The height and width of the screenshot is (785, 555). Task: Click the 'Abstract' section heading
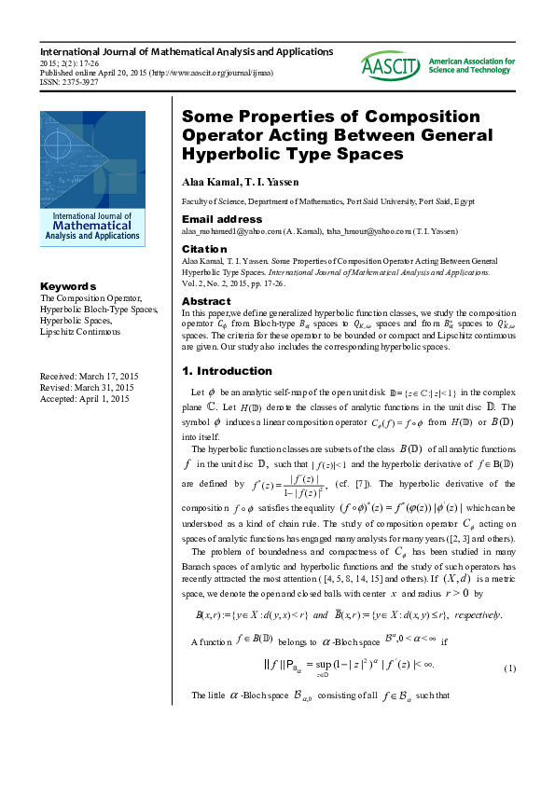tap(205, 302)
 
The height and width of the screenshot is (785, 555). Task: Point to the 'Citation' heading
tap(204, 249)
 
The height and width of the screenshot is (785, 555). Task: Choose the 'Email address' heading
tap(222, 219)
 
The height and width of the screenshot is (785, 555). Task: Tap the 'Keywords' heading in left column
tap(68, 286)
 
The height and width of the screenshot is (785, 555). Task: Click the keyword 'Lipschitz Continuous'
tap(80, 331)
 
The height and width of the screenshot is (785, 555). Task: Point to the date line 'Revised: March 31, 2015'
tap(87, 387)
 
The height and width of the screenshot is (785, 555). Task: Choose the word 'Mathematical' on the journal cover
tap(92, 225)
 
